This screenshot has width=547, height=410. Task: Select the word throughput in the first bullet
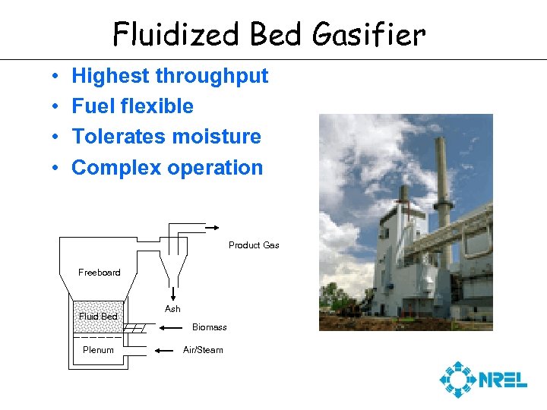211,76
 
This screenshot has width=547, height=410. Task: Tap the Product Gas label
254,245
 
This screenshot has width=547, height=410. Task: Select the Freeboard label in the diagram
100,273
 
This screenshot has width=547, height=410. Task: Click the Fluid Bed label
99,316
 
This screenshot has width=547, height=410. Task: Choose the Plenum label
99,350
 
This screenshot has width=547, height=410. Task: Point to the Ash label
172,309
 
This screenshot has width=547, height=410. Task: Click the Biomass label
209,327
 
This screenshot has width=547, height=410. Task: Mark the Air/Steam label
203,350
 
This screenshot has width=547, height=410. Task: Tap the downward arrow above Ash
173,295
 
